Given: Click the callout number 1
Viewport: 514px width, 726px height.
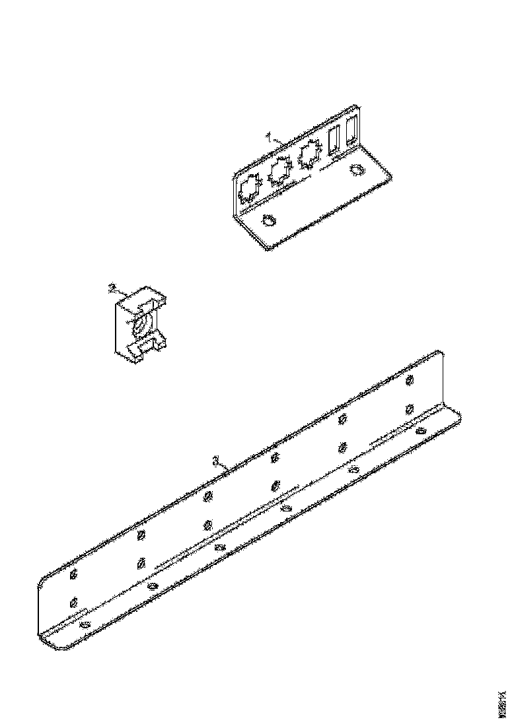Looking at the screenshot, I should (x=269, y=136).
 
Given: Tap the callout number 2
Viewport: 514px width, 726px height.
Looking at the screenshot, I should (x=112, y=288).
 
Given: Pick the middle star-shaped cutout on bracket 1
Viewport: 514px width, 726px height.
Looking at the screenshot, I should (x=279, y=172).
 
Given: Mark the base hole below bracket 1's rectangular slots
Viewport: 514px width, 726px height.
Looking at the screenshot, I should (x=357, y=170).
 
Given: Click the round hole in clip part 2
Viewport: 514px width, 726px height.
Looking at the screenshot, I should (x=140, y=326).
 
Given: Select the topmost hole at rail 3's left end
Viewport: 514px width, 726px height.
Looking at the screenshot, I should (x=73, y=574).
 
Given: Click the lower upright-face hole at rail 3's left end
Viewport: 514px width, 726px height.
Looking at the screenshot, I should (x=73, y=602).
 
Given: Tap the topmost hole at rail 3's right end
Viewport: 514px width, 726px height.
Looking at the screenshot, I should (x=410, y=380).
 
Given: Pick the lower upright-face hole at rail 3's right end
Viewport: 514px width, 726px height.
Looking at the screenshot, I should (x=410, y=408).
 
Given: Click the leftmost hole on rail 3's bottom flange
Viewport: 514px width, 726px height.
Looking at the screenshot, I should (x=84, y=624).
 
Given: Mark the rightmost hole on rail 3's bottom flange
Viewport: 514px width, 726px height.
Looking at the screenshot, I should (x=421, y=430).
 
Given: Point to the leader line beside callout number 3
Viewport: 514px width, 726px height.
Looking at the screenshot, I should (x=225, y=466).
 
